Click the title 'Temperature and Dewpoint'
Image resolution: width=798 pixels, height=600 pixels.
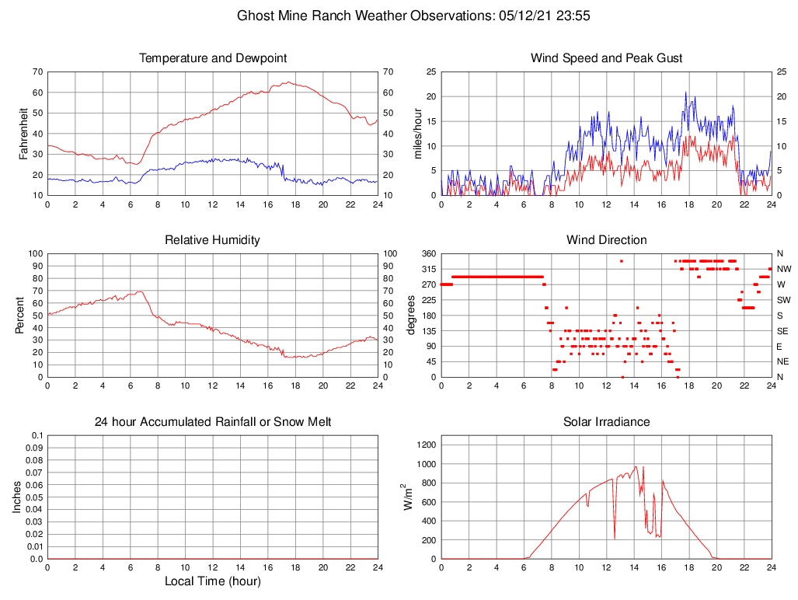click(213, 58)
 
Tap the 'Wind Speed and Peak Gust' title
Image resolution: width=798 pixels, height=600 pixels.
click(607, 58)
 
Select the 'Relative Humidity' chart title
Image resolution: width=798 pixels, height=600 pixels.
click(213, 240)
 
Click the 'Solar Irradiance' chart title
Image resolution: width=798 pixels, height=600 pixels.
click(607, 422)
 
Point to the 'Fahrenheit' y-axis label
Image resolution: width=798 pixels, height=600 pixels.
click(24, 134)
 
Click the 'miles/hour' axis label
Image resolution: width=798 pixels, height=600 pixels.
click(417, 134)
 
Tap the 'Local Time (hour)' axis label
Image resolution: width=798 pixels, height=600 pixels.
click(213, 581)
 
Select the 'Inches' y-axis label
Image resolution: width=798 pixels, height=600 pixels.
click(18, 497)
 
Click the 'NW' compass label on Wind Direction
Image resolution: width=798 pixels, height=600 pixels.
click(784, 269)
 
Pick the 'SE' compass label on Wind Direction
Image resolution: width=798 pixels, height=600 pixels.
click(782, 331)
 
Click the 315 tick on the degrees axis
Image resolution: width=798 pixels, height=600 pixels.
click(428, 269)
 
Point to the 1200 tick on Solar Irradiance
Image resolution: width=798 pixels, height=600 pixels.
click(425, 445)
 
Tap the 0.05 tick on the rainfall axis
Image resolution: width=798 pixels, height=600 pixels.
click(33, 497)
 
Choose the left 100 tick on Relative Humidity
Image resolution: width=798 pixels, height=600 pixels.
click(34, 254)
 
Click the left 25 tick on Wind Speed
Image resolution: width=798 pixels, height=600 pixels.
click(429, 72)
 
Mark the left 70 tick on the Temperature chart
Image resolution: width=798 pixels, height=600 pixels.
click(37, 72)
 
